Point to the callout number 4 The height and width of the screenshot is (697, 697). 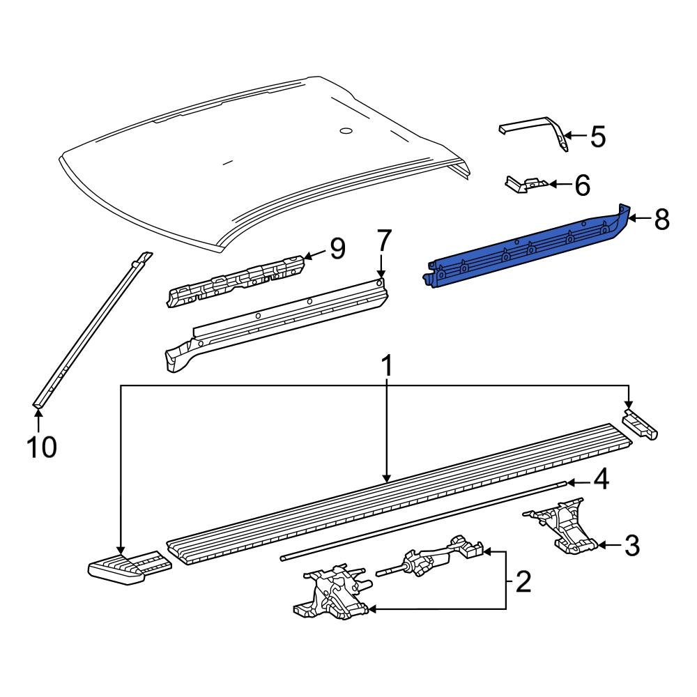coord(601,480)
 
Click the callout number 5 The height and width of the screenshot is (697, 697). coord(597,137)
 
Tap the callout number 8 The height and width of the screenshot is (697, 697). coord(661,220)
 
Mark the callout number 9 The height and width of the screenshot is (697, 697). coord(337,249)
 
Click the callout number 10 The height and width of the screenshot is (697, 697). coord(41,446)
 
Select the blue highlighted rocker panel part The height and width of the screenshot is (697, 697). coord(523,251)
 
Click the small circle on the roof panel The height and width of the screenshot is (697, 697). coord(345,131)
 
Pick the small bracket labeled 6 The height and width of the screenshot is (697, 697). coord(524,185)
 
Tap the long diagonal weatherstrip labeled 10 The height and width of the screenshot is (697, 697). coord(91,331)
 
